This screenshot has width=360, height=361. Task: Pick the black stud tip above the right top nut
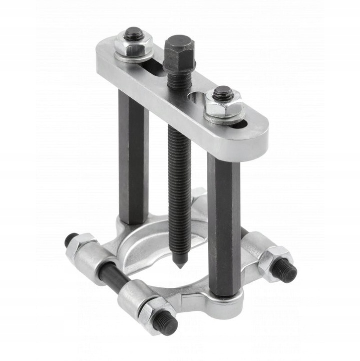point(222,92)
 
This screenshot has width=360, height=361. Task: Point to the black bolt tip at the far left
point(70,240)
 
